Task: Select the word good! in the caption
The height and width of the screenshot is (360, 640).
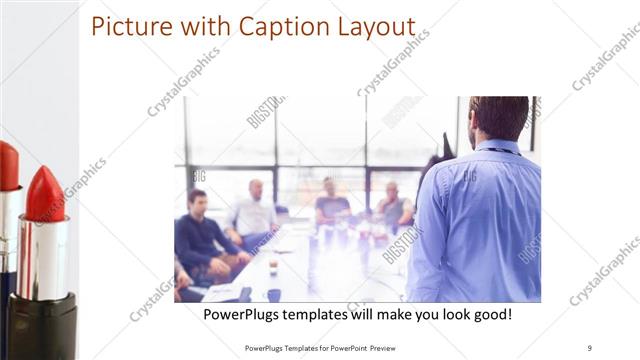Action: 490,314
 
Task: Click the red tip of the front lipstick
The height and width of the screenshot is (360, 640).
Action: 43,195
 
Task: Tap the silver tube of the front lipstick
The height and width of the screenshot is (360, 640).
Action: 43,255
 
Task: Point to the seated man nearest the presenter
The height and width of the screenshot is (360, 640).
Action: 394,206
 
